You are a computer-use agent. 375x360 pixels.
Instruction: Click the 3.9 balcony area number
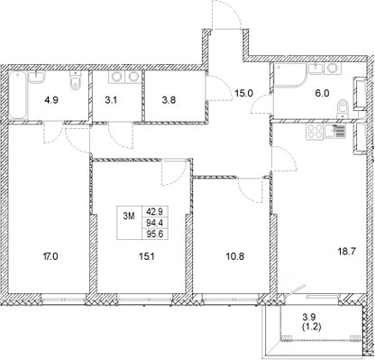[309, 318]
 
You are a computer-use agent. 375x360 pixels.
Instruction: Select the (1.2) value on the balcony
[309, 328]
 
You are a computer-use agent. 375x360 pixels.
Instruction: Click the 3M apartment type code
[131, 216]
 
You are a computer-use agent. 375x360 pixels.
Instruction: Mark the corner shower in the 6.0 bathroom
[287, 79]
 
